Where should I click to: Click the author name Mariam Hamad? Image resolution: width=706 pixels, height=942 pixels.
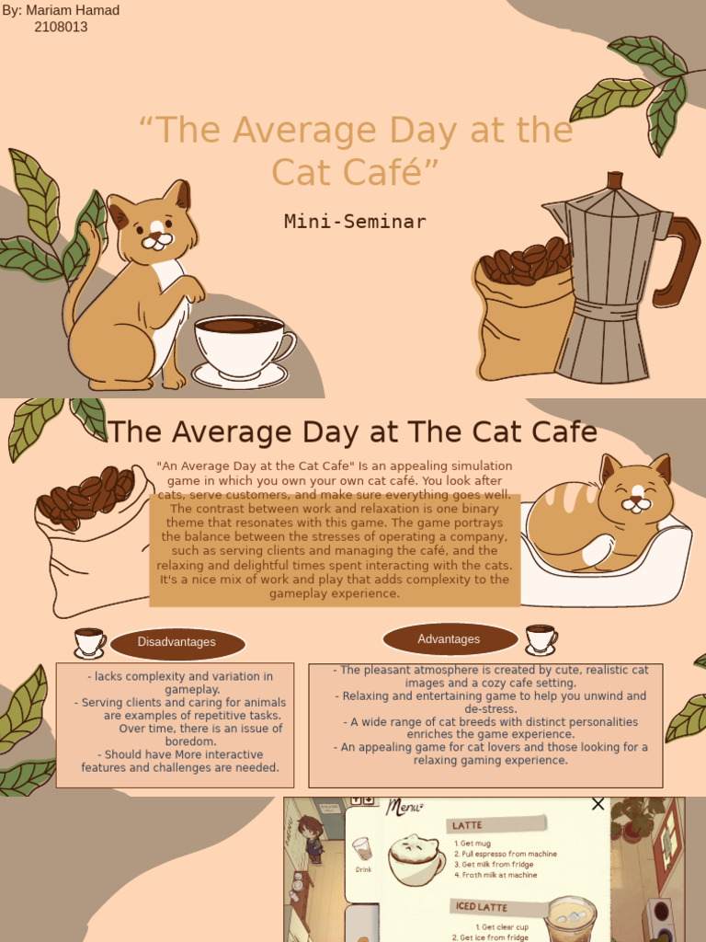click(73, 10)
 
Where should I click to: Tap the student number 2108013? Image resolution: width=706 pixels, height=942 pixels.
click(61, 27)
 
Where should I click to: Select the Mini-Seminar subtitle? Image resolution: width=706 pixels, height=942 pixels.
click(355, 221)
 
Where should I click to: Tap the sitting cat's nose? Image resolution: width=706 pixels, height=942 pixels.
click(158, 235)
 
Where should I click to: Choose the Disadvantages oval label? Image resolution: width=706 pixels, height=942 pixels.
click(176, 642)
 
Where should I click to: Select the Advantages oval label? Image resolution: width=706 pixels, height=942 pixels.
click(449, 639)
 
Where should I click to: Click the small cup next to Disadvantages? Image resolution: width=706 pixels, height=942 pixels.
click(89, 642)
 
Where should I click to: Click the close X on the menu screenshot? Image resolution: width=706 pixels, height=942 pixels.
click(598, 804)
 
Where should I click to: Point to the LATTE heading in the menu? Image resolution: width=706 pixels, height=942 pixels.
click(468, 825)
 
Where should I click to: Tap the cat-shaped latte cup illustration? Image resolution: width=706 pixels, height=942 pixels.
click(416, 859)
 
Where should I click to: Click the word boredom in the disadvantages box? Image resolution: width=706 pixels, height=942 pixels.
click(190, 741)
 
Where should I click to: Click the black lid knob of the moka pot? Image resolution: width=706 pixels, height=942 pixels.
click(614, 180)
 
